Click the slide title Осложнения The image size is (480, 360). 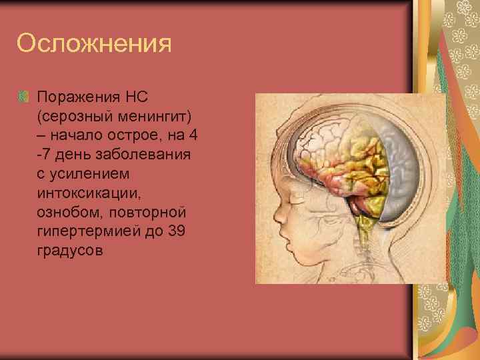[94, 44]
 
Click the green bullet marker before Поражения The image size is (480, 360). [23, 97]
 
